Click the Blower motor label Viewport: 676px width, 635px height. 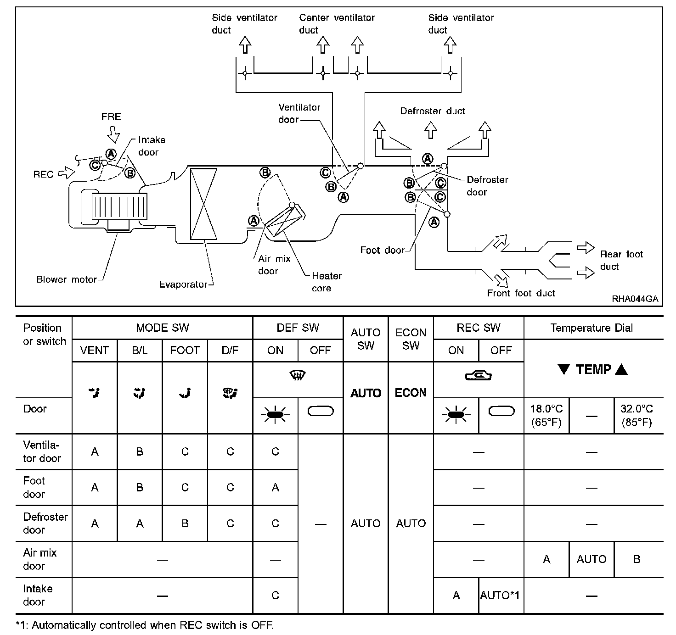(x=67, y=279)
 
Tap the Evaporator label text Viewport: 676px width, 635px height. (x=183, y=284)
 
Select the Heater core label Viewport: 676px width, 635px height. (x=326, y=282)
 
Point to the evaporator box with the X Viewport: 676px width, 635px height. (x=203, y=204)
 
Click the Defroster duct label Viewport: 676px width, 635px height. (x=432, y=111)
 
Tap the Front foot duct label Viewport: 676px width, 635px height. (x=521, y=293)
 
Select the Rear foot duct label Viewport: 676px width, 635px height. (x=621, y=260)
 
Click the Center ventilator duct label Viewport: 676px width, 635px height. (x=337, y=24)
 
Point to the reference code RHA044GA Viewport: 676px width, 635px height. (x=635, y=299)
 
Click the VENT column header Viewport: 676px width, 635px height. (x=95, y=351)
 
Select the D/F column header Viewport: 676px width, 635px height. (x=230, y=351)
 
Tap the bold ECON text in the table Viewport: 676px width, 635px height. (x=411, y=393)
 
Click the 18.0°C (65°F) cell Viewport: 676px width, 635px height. (x=546, y=415)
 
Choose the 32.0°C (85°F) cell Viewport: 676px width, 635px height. (x=637, y=415)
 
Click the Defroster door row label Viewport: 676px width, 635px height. (x=45, y=523)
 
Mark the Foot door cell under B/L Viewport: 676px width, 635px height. (x=140, y=487)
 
